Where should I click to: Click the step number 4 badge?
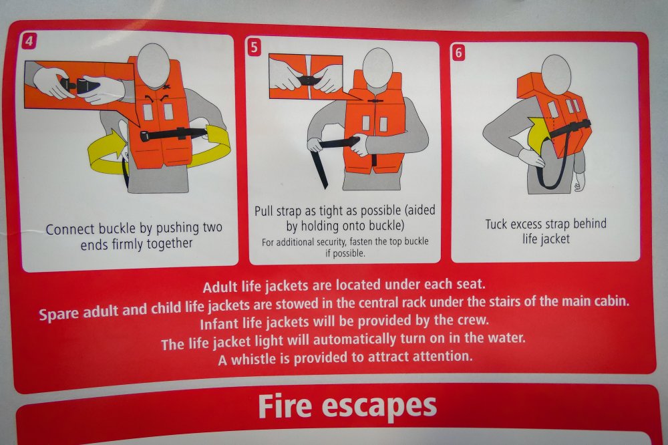[x=29, y=41]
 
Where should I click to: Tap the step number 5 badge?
[x=254, y=47]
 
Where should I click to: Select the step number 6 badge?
[x=458, y=52]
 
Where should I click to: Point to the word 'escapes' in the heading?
[x=379, y=407]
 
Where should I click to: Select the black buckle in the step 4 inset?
[x=79, y=84]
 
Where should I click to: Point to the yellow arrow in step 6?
[x=538, y=133]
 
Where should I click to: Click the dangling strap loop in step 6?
[x=554, y=166]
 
